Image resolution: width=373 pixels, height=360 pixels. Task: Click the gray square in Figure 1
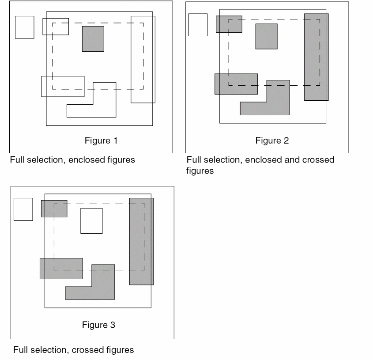pos(93,38)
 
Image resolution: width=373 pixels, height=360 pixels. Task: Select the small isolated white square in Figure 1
pos(24,27)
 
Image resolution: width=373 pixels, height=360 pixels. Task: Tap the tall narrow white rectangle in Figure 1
pos(143,59)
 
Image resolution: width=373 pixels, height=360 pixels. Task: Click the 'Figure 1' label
pos(101,141)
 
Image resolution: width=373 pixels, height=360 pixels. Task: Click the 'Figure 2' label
pos(272,141)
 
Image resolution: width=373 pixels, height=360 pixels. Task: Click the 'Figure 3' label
pos(98,325)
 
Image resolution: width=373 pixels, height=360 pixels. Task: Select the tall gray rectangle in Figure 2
pos(316,57)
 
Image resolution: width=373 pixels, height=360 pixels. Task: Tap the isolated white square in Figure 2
pos(198,25)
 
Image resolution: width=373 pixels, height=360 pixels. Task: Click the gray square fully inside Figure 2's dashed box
pos(266,36)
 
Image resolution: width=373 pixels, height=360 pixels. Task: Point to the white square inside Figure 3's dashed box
pos(91,220)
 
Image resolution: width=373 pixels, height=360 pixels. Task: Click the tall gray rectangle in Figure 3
pos(141,241)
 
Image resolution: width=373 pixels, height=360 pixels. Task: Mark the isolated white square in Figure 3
pos(23,209)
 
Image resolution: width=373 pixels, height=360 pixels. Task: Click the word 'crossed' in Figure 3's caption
pos(87,350)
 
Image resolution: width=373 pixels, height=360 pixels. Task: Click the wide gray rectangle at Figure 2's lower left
pos(236,84)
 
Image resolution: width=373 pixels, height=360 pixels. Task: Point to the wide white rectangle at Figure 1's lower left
pos(63,86)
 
